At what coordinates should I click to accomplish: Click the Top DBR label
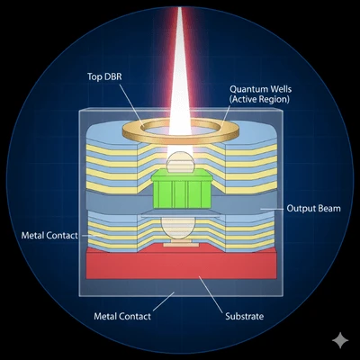pyautogui.click(x=104, y=76)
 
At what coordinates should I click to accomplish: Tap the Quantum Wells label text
pyautogui.click(x=260, y=89)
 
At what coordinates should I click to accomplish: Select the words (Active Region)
pyautogui.click(x=259, y=99)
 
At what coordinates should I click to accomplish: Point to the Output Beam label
pyautogui.click(x=313, y=208)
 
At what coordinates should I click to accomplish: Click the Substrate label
pyautogui.click(x=245, y=316)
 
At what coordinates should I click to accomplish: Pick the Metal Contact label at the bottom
pyautogui.click(x=122, y=316)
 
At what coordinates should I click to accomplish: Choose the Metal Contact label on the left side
pyautogui.click(x=49, y=235)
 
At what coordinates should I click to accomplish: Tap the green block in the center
pyautogui.click(x=182, y=188)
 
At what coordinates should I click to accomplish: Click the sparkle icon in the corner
pyautogui.click(x=340, y=340)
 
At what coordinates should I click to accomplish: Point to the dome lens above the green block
pyautogui.click(x=180, y=162)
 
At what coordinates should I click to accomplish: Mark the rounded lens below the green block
pyautogui.click(x=178, y=228)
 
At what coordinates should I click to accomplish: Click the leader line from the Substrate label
pyautogui.click(x=211, y=294)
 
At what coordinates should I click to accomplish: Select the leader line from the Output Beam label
pyautogui.click(x=272, y=209)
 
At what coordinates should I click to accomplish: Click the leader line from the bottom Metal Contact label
pyautogui.click(x=164, y=301)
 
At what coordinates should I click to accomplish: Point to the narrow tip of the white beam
pyautogui.click(x=180, y=7)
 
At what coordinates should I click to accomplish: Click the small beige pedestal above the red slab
pyautogui.click(x=181, y=243)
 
